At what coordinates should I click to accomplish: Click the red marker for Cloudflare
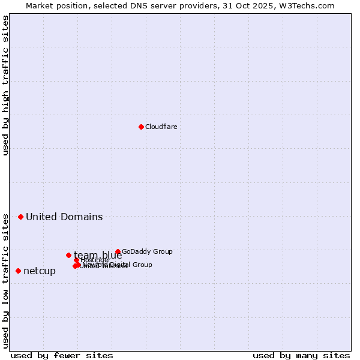point(141,127)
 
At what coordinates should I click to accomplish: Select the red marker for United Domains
point(20,217)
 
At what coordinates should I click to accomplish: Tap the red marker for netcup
point(18,271)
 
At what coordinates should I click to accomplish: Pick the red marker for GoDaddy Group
point(118,252)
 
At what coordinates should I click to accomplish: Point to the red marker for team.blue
point(68,255)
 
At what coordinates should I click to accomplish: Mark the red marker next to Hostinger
point(76,260)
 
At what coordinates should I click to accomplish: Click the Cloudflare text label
point(161,127)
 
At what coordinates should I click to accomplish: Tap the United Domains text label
point(64,217)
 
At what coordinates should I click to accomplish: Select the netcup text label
point(40,271)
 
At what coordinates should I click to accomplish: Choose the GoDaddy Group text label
point(147,252)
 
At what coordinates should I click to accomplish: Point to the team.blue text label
point(98,256)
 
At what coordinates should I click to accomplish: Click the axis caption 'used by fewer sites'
point(62,355)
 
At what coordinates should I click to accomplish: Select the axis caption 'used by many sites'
point(301,355)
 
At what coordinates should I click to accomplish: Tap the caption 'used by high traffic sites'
point(5,85)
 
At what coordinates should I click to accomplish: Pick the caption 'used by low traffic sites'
point(5,280)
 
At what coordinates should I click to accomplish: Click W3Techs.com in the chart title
point(305,5)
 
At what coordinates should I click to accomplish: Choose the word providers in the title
point(204,5)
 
